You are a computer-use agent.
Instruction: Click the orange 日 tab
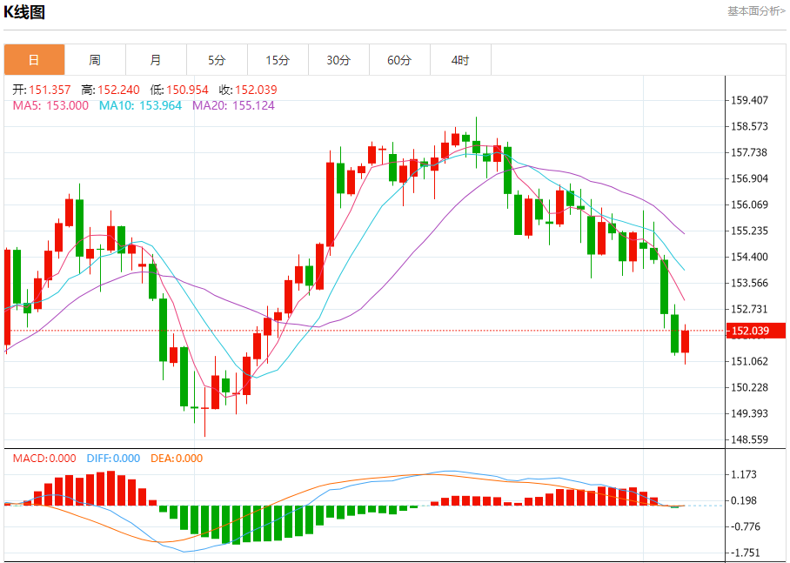pyautogui.click(x=34, y=60)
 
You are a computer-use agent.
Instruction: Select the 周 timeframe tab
pyautogui.click(x=95, y=60)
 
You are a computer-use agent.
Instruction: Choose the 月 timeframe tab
pyautogui.click(x=156, y=60)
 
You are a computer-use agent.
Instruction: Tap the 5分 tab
pyautogui.click(x=217, y=60)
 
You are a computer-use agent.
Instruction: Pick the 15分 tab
pyautogui.click(x=278, y=60)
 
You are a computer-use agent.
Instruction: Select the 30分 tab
pyautogui.click(x=338, y=60)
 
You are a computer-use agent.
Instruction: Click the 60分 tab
pyautogui.click(x=399, y=60)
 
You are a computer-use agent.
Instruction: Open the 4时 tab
pyautogui.click(x=460, y=60)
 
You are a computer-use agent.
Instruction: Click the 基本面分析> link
pyautogui.click(x=755, y=11)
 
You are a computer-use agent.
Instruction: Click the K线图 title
pyautogui.click(x=25, y=12)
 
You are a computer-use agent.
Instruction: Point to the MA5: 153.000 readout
pyautogui.click(x=50, y=105)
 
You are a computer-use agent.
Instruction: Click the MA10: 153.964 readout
pyautogui.click(x=140, y=105)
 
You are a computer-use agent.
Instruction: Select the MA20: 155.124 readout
pyautogui.click(x=233, y=105)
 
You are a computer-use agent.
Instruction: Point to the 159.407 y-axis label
pyautogui.click(x=749, y=100)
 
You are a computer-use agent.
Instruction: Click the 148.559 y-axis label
pyautogui.click(x=749, y=439)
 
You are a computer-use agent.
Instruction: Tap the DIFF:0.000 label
pyautogui.click(x=113, y=459)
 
